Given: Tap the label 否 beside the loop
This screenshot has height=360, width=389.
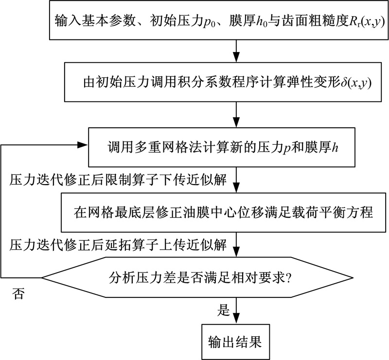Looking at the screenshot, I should [x=18, y=294].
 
